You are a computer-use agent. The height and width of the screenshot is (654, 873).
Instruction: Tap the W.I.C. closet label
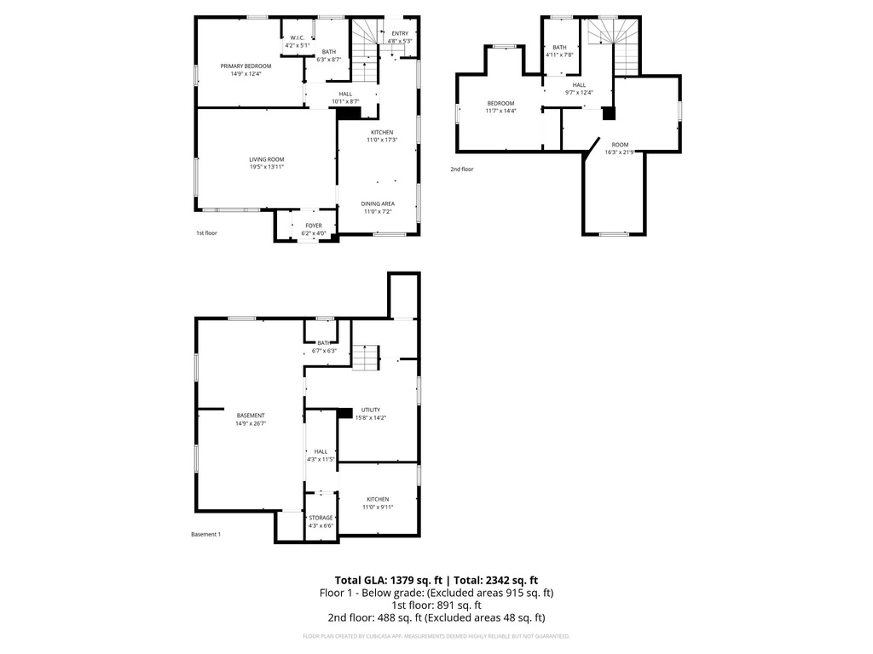[298, 37]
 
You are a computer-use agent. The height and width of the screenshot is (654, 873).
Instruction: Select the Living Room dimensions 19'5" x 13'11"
[267, 167]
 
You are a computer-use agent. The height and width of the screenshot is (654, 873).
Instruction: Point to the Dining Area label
[378, 204]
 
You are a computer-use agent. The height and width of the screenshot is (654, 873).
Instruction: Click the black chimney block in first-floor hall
[349, 112]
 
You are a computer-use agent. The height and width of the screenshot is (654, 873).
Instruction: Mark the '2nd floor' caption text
[462, 169]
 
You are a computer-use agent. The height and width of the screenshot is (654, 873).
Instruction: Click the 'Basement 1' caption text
[205, 535]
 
